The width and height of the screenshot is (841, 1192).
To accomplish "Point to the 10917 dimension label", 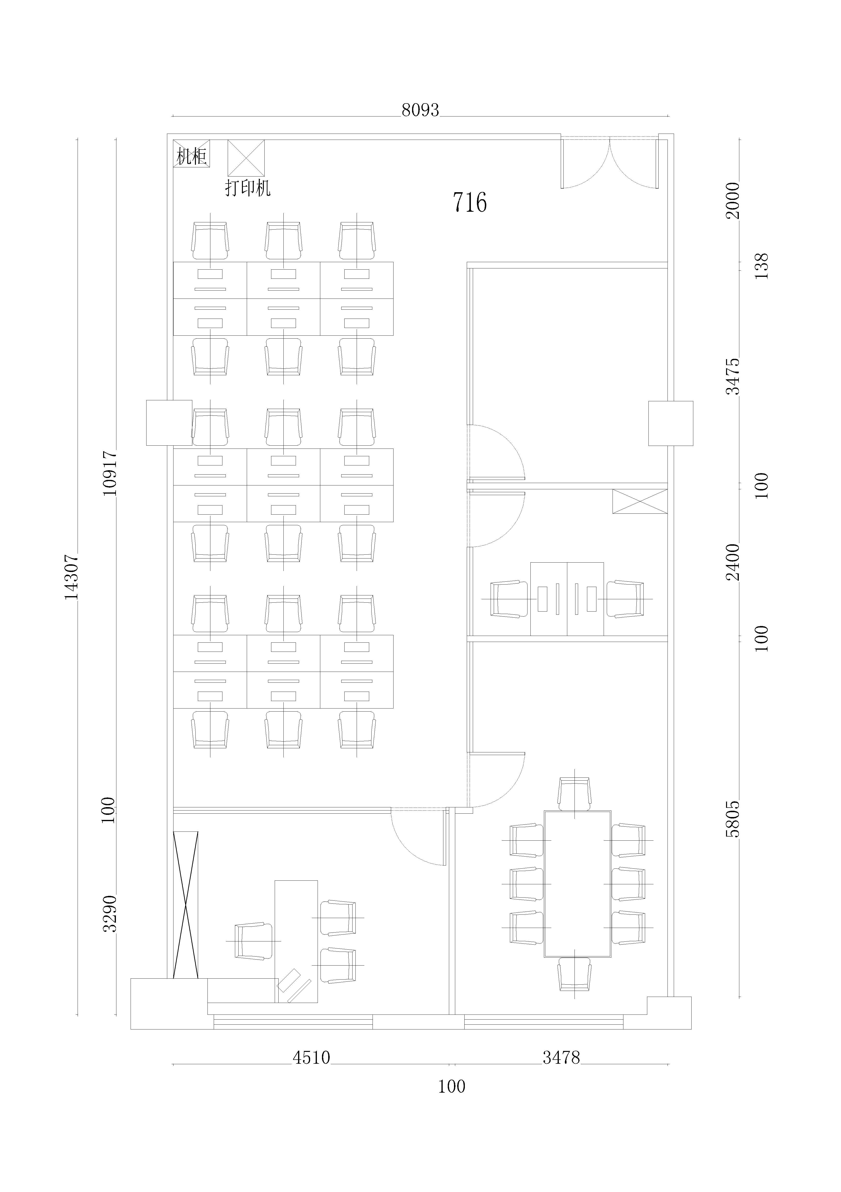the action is tap(110, 473).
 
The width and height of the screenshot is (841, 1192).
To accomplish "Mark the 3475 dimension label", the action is tap(733, 376).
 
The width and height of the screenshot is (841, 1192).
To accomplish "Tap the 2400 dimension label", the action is tap(733, 562).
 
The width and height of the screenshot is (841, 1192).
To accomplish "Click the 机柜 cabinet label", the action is tap(191, 156).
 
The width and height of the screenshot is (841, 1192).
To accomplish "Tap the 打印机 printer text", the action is tap(247, 187).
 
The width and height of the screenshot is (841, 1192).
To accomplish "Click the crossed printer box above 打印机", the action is tap(246, 158).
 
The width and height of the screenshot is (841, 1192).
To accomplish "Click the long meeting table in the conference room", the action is tap(577, 884).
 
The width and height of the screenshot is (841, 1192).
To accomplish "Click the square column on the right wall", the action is tap(671, 423).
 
